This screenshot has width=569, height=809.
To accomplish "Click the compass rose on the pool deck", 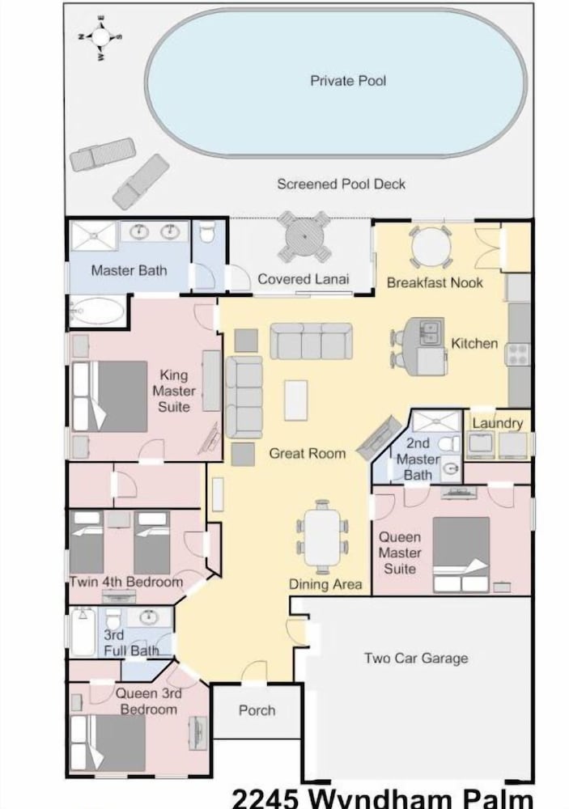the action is pos(100,36).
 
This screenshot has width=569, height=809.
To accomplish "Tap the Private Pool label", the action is pos(348,80).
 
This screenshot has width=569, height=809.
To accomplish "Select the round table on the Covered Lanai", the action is pos(304,237).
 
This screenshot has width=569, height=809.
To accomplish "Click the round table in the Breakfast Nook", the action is pos(430,247).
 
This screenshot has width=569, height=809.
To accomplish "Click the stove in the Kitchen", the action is pos(517,354).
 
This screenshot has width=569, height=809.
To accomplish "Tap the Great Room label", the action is pos(308,454).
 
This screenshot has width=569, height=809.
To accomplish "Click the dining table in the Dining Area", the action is pos(322,537).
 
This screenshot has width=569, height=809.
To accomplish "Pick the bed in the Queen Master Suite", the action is pos(461,554).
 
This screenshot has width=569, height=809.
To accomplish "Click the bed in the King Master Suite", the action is pos(110,396).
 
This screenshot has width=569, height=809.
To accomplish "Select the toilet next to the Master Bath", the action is pos(207,233).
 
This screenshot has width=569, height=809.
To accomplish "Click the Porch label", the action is pos(257,710).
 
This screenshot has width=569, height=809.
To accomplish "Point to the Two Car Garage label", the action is pos(416,659).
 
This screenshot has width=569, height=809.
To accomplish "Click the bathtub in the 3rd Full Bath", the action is pos(83,633).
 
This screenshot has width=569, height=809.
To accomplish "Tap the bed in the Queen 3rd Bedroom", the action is pos(108,743).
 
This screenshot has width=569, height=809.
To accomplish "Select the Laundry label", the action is pos(497,424).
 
